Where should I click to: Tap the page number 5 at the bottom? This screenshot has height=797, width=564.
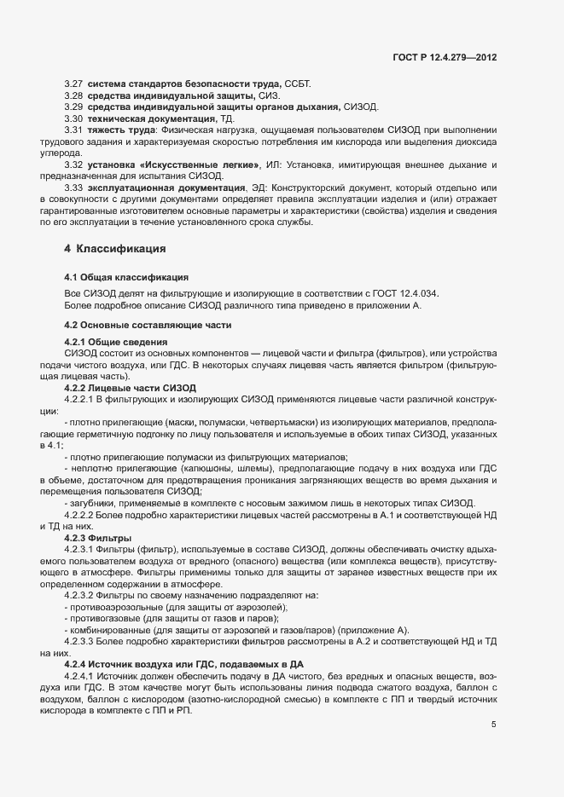tap(493, 725)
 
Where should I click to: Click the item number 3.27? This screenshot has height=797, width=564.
tap(73, 83)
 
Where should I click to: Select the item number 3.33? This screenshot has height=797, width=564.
tap(73, 186)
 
